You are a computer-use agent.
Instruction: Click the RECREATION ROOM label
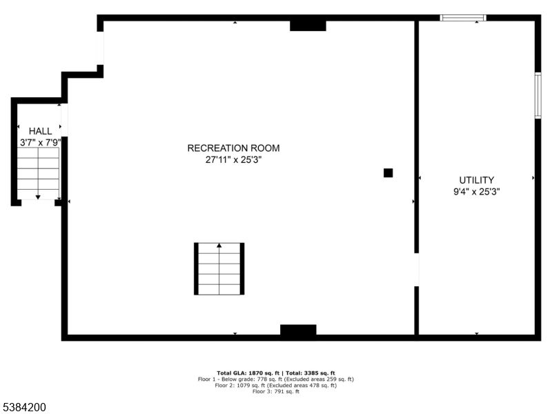[233, 148]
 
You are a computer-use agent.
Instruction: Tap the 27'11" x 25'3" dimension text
[233, 160]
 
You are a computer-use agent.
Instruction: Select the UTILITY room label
[476, 180]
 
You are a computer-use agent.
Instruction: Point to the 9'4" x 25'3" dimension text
[476, 192]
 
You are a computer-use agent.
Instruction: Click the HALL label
[40, 131]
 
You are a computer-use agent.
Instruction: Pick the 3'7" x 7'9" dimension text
[40, 143]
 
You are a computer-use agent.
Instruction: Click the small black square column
[388, 173]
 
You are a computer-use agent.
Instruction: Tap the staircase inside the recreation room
[219, 268]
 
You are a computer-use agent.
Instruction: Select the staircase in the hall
[38, 174]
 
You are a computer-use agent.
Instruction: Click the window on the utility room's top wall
[463, 18]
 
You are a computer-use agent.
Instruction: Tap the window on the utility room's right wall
[538, 95]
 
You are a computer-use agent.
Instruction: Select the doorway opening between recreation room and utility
[417, 270]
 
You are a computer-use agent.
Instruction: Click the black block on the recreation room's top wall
[308, 26]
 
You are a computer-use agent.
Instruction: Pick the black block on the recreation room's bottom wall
[298, 330]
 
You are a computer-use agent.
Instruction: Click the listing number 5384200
[23, 407]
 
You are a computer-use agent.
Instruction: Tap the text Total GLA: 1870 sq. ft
[248, 373]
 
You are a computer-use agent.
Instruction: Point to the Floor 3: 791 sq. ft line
[276, 391]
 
